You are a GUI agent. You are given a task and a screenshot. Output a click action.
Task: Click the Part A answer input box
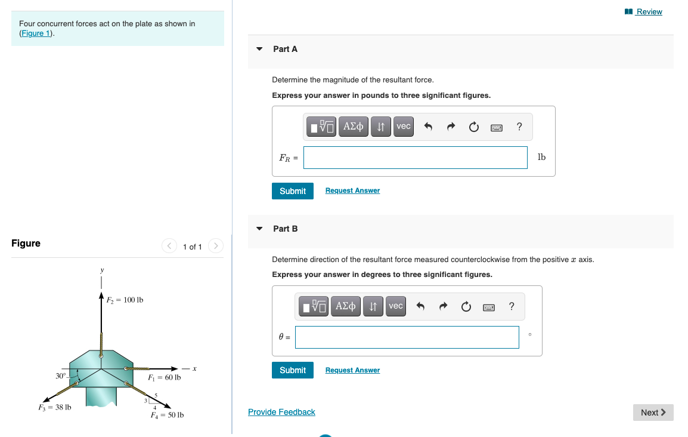(x=415, y=158)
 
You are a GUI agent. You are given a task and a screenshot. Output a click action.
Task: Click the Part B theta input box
(x=407, y=337)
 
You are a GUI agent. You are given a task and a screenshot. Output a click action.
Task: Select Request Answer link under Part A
(x=352, y=190)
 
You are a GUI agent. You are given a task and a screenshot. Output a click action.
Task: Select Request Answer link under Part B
(x=352, y=370)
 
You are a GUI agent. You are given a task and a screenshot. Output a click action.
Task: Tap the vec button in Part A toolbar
(x=404, y=127)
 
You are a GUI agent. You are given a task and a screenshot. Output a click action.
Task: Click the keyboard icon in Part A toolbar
(x=497, y=127)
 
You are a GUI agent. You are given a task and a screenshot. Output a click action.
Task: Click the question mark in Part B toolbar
(x=512, y=306)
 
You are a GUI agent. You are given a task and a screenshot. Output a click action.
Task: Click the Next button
(x=653, y=413)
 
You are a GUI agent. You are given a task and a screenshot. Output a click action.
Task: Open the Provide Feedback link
(x=281, y=412)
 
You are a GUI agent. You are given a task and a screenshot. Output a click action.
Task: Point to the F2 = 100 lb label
(x=125, y=300)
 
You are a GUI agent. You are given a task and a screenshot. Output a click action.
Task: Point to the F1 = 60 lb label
(x=164, y=378)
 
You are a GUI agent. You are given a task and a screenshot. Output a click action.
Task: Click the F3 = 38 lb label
(x=54, y=408)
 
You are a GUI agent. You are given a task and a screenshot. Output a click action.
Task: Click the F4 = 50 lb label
(x=167, y=415)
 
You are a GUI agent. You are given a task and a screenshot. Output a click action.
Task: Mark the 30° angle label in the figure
(x=61, y=376)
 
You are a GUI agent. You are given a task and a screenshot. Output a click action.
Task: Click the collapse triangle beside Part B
(x=259, y=229)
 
